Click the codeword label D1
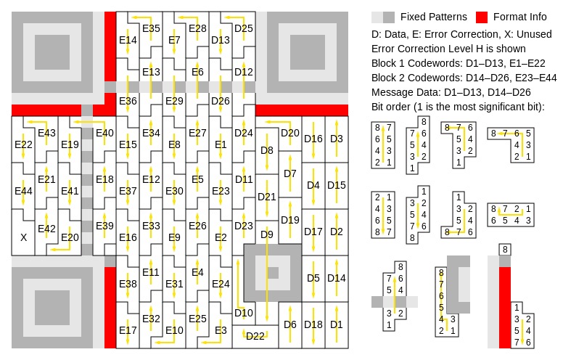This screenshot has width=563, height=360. click(337, 324)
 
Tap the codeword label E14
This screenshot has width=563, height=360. click(128, 40)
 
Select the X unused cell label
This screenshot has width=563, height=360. click(24, 237)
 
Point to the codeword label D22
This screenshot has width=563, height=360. click(255, 336)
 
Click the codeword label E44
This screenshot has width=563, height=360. click(23, 191)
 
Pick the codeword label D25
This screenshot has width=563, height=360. click(244, 28)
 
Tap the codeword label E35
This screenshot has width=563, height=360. click(151, 28)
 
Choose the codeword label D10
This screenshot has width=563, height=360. click(244, 313)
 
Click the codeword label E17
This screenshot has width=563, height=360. click(128, 330)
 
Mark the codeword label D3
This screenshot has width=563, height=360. click(337, 139)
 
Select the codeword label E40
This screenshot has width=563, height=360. click(105, 133)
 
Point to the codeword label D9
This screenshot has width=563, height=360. click(267, 234)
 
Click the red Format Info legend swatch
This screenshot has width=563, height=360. click(482, 17)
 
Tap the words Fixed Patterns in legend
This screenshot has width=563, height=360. click(434, 17)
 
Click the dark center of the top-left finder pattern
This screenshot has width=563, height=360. click(52, 52)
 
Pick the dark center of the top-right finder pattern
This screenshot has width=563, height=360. click(308, 52)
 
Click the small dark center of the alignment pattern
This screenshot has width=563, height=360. click(273, 273)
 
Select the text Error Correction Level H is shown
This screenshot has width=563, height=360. click(448, 49)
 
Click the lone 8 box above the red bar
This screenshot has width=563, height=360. click(505, 250)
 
